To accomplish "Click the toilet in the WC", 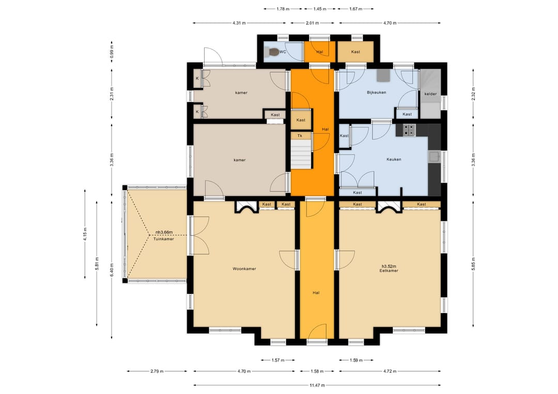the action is (x=274, y=52).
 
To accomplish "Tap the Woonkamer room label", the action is (x=244, y=269).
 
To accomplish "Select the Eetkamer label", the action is (x=389, y=271).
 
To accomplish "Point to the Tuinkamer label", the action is (x=164, y=239).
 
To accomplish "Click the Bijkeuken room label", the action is (x=377, y=92).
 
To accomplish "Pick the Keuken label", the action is (x=394, y=160).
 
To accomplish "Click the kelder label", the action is (x=430, y=94).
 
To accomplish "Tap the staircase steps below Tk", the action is (x=301, y=154).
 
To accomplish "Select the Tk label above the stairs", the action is (x=300, y=136).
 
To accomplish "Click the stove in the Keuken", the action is (x=409, y=130).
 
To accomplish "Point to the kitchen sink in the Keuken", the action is (x=434, y=157).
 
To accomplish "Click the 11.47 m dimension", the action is (x=317, y=385).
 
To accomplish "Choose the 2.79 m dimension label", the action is (x=157, y=371).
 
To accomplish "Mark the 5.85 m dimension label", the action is (x=473, y=263).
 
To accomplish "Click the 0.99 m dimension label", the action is (x=112, y=52).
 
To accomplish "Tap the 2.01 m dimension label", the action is (x=313, y=23).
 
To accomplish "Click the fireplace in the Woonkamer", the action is (x=247, y=207).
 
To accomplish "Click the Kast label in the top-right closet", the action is (x=355, y=52).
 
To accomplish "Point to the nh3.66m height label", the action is (x=164, y=232).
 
